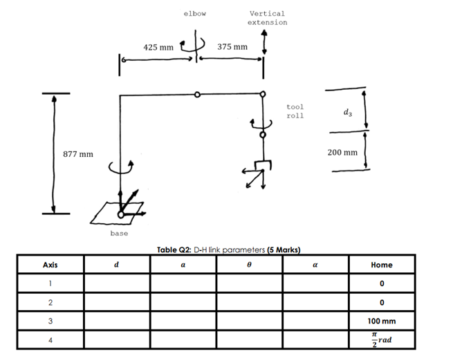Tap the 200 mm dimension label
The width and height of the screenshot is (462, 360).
click(342, 152)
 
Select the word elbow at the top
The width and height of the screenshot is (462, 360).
click(195, 14)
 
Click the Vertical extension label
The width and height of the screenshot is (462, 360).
click(267, 18)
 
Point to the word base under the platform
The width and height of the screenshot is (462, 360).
click(119, 234)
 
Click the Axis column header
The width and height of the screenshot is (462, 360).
click(50, 265)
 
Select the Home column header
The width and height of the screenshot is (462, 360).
click(381, 265)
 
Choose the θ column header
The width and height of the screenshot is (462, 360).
click(249, 265)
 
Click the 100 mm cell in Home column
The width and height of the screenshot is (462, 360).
click(381, 321)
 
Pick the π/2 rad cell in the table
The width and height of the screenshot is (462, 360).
click(381, 340)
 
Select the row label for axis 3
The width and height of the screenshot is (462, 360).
click(50, 321)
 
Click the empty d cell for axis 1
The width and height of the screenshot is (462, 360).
click(116, 283)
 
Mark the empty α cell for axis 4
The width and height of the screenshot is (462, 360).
click(315, 340)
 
